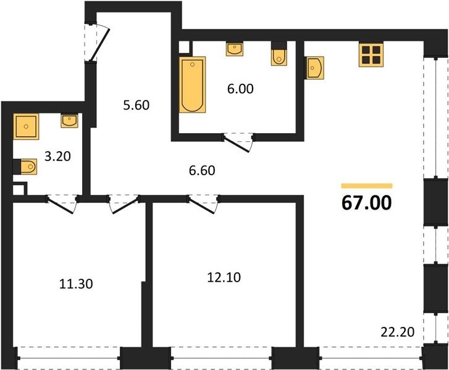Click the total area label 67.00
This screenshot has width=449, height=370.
tap(366, 203)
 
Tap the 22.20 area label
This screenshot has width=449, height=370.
tap(398, 332)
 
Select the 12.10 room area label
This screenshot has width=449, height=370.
tap(224, 277)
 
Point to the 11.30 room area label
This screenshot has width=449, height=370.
tap(76, 284)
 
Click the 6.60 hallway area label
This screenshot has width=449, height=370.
tap(202, 170)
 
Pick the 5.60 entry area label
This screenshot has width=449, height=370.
tap(136, 105)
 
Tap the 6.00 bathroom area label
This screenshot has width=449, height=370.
tap(240, 89)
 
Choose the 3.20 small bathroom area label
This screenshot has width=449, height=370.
tap(57, 157)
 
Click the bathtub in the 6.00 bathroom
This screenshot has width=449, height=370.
tap(193, 84)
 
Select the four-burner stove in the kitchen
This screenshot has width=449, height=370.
tap(371, 55)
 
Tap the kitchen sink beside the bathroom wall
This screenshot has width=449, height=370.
tap(314, 67)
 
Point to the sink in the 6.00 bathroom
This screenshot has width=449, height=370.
tap(235, 49)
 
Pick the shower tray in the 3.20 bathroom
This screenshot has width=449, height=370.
tap(26, 126)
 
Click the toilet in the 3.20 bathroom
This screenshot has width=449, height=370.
tap(25, 166)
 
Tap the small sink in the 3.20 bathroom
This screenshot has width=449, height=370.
tap(69, 121)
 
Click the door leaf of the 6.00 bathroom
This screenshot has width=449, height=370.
tap(237, 144)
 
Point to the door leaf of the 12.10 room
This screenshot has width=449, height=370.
tap(201, 205)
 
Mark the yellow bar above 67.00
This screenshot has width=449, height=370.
tap(367, 186)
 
